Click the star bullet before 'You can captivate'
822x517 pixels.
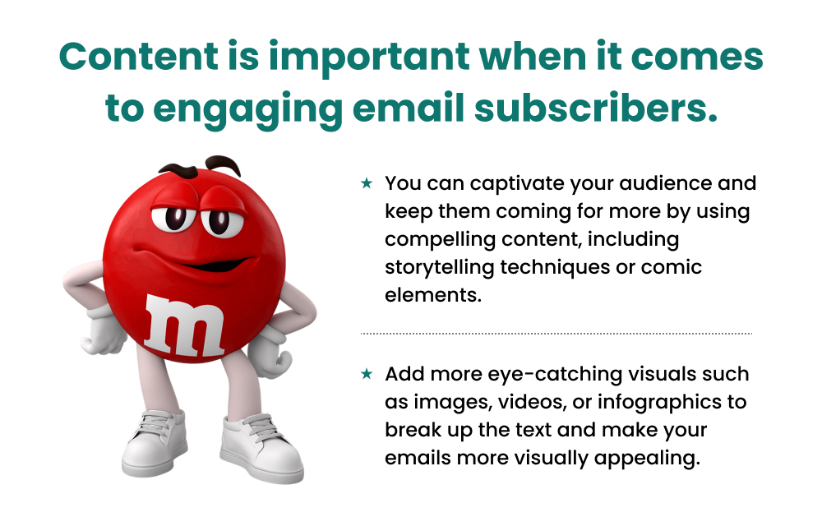click(x=367, y=183)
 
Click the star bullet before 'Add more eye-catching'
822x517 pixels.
click(x=367, y=374)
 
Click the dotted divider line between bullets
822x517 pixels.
click(x=556, y=334)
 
